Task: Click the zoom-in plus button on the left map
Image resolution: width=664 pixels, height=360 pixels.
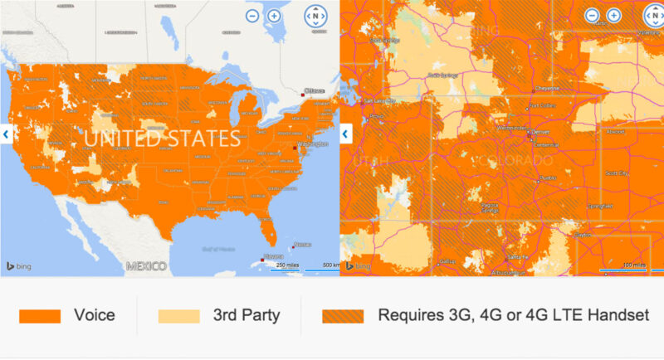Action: [274, 16]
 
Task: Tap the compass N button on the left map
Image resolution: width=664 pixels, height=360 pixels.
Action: [315, 16]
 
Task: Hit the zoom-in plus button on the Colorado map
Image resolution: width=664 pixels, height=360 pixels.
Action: [613, 16]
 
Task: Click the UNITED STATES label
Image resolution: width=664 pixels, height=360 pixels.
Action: [167, 139]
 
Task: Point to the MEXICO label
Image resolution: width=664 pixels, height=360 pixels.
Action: [146, 266]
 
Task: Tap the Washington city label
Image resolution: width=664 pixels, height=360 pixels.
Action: [312, 144]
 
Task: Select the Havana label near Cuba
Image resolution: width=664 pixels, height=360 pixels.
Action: [275, 256]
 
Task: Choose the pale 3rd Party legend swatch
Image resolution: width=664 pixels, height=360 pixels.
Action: [178, 316]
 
